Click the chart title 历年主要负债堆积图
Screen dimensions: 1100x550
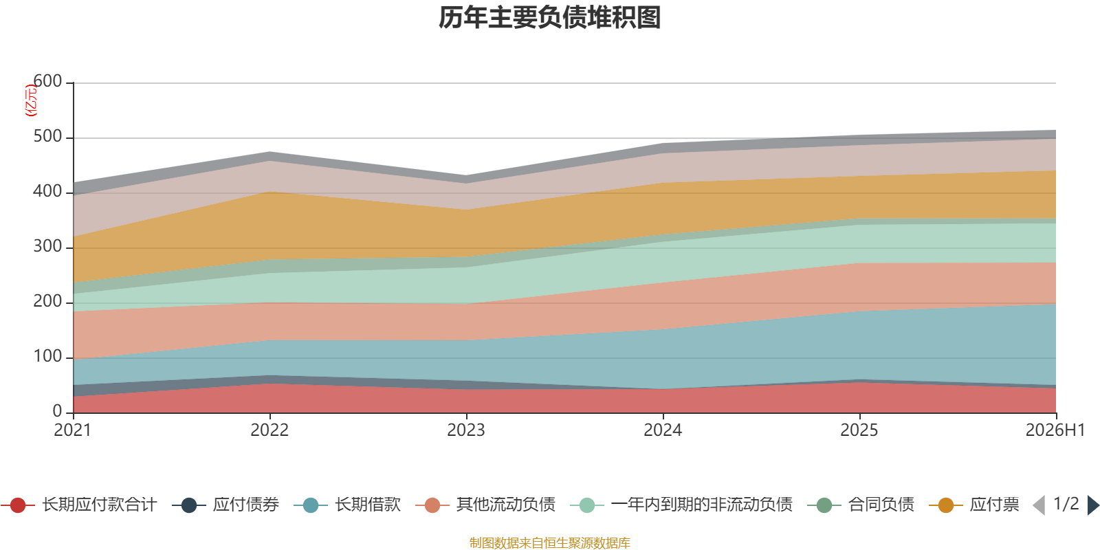[549, 18]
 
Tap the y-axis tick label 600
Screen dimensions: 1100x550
[47, 81]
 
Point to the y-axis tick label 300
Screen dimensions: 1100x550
[47, 246]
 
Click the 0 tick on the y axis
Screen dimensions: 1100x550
[57, 411]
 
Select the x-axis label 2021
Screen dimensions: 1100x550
[73, 430]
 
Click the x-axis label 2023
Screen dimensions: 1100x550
[466, 430]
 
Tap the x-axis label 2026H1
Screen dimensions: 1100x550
[1055, 430]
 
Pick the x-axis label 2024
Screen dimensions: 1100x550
[663, 430]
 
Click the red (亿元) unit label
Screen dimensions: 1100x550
[31, 100]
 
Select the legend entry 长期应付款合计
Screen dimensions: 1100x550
[78, 505]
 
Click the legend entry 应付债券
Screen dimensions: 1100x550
[225, 505]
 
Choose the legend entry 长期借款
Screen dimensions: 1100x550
[347, 505]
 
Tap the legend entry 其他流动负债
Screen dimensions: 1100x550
[485, 505]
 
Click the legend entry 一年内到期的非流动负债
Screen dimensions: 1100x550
[681, 505]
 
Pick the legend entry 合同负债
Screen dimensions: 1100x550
[860, 505]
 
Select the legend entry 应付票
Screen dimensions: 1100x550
[974, 505]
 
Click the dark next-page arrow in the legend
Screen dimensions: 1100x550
[1093, 505]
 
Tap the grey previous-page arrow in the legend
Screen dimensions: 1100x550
[1039, 505]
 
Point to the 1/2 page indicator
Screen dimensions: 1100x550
[1066, 504]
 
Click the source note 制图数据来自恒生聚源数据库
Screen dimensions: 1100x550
[549, 542]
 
